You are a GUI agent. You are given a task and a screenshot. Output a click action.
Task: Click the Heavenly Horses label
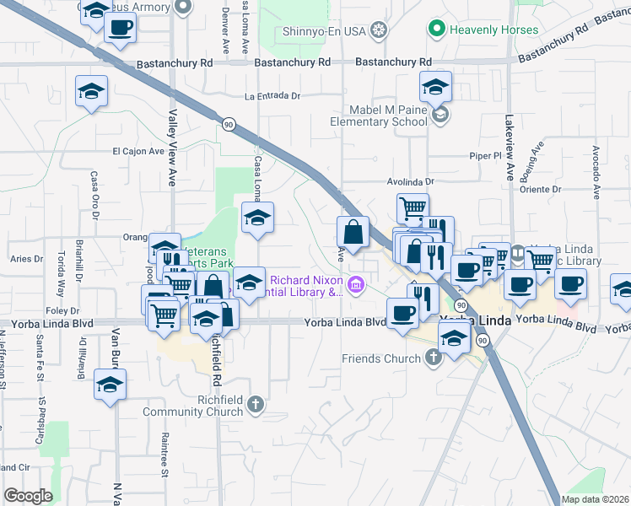[x=493, y=30]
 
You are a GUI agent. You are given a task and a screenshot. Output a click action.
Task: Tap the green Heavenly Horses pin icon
[x=436, y=30]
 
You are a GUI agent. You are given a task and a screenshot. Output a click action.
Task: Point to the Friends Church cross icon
[x=434, y=358]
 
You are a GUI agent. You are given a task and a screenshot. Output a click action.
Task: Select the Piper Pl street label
[x=485, y=156]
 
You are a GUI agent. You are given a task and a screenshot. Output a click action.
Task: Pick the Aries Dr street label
[x=27, y=259]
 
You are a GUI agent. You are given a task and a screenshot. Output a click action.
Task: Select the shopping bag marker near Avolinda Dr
[x=353, y=231]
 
